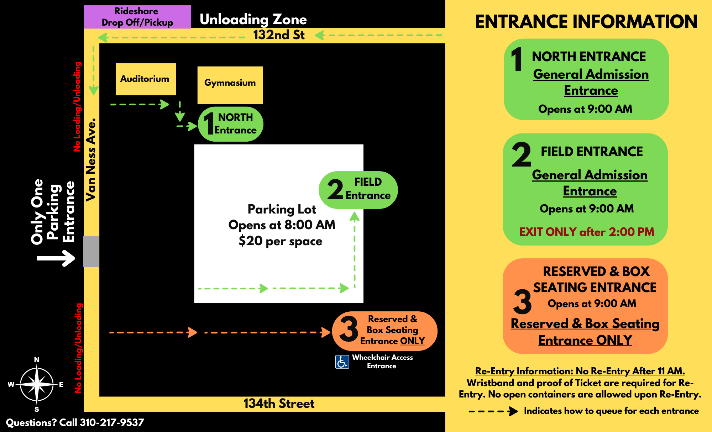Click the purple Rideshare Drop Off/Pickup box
coord(137,17)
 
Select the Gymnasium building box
coord(230,85)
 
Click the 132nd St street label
coord(279,35)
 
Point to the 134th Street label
coord(279,404)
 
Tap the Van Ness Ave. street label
coord(91,160)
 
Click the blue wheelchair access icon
coord(342,362)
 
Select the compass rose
coord(37,384)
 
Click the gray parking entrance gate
coord(91,252)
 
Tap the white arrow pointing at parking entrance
coord(56,258)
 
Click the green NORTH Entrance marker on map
coord(230,124)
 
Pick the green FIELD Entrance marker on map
coord(358,190)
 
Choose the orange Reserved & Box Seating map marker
coord(384,331)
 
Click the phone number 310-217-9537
coord(112,422)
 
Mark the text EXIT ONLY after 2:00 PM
coord(586,232)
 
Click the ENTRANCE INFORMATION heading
coord(586,22)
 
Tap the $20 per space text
coord(280,241)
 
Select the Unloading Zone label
coord(253,20)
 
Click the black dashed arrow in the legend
coord(493,411)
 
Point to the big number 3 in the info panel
coord(522,302)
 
